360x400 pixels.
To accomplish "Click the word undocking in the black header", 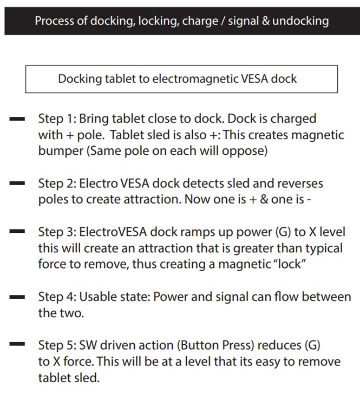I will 300,21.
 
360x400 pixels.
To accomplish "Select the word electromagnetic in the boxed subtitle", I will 194,79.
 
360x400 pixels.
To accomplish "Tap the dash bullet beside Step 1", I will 17,119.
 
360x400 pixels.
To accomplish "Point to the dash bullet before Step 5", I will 17,344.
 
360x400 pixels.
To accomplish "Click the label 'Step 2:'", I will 57,183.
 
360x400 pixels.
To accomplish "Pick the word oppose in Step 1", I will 248,150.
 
